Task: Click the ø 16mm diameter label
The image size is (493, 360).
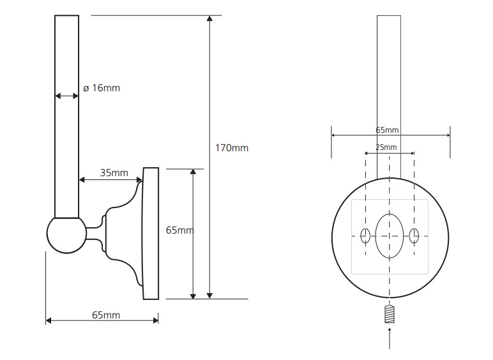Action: coord(102,88)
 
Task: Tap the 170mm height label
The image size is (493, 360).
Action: coord(232,148)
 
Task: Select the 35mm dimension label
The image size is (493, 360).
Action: coord(114,173)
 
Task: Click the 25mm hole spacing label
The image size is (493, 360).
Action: coord(386,147)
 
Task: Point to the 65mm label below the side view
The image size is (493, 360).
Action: coord(106,315)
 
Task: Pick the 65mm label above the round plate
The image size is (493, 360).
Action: coord(387,130)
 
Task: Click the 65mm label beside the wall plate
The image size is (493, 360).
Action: coord(179,230)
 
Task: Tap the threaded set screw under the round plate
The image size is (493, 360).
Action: coord(390,314)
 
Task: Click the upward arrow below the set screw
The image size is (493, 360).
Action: coord(390,338)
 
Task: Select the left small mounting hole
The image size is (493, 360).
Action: coord(365,236)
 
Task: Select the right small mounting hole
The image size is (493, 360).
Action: coord(414,236)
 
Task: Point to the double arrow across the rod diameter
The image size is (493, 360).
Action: coord(66,96)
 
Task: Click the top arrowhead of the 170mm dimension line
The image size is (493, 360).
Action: coord(209,19)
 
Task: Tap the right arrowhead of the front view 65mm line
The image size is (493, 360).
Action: coord(448,135)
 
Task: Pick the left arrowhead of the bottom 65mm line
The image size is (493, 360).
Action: coord(49,320)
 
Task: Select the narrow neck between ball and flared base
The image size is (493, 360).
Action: coord(94,234)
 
